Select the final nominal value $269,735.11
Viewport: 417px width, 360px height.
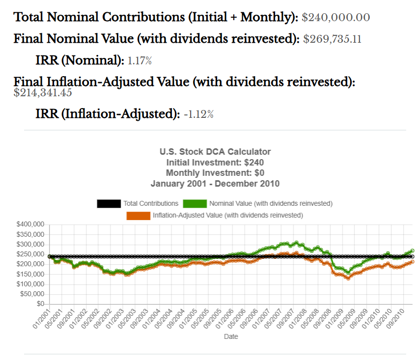tap(333, 39)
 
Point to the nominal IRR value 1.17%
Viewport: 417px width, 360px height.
tap(139, 61)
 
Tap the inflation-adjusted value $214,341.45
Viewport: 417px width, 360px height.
tap(43, 92)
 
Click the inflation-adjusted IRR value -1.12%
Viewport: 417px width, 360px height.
tap(199, 114)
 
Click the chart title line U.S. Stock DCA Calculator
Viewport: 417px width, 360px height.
tap(215, 152)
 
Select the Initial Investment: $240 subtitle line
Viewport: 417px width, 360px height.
tap(215, 163)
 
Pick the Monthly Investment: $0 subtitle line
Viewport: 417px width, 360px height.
tap(215, 173)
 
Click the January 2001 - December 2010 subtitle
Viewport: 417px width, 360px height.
tap(215, 184)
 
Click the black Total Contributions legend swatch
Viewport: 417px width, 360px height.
tap(109, 203)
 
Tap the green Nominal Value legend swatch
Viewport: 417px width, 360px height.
tap(195, 203)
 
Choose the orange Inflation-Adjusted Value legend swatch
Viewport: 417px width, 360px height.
tap(139, 216)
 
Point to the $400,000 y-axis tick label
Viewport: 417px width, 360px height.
tap(31, 224)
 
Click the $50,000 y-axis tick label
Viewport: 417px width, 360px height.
tap(32, 295)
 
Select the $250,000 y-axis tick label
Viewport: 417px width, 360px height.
tap(31, 254)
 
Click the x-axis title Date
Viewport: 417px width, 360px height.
tap(231, 337)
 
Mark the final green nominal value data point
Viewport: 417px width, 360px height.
tap(412, 251)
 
